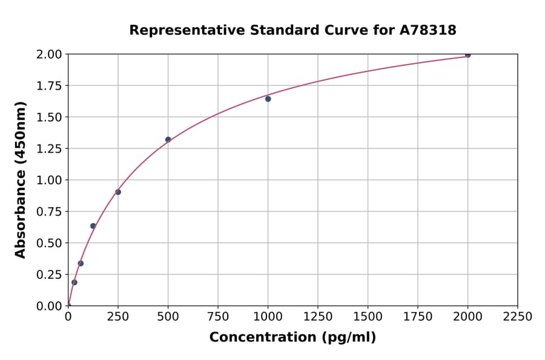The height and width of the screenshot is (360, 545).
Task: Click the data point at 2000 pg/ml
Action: click(467, 55)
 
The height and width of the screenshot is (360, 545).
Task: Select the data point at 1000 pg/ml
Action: click(268, 99)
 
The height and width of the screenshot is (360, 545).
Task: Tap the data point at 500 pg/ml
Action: click(168, 139)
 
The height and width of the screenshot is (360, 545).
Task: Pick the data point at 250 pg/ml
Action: click(118, 192)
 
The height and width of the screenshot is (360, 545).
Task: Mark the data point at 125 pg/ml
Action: click(93, 226)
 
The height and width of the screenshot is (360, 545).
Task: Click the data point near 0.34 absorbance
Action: click(81, 263)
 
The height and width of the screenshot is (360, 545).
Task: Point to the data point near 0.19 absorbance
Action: click(74, 282)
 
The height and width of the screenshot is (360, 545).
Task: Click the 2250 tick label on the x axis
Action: click(517, 317)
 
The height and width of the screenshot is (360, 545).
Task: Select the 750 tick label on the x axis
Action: click(218, 317)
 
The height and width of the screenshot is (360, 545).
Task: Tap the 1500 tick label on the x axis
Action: click(368, 317)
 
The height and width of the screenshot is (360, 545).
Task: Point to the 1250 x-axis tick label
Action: click(318, 317)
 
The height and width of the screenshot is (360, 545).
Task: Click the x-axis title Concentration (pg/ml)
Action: click(292, 338)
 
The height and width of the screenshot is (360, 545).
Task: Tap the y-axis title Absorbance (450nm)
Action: click(21, 179)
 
